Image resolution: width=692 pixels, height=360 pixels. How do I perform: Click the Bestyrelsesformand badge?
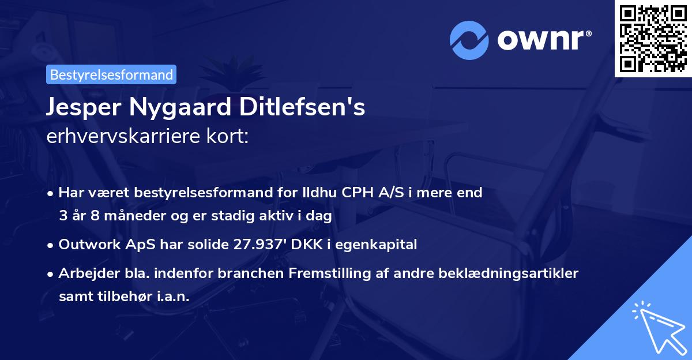[x=111, y=74]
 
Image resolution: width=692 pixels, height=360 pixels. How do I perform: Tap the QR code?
[x=653, y=38]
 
